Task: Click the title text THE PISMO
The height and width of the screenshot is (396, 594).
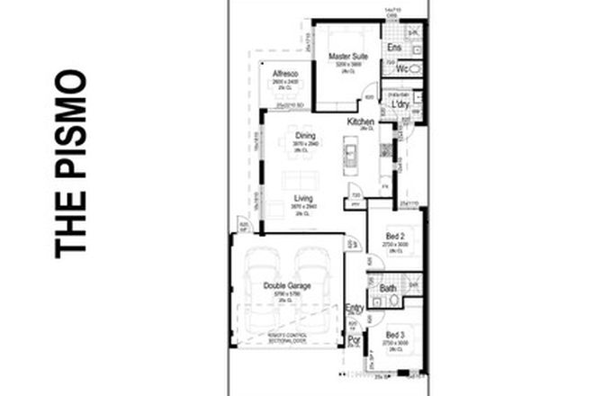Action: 70,165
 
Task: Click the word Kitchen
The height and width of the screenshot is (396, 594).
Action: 360,121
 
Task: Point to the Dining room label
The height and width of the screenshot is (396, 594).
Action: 304,137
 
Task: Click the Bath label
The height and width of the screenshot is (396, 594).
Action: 389,289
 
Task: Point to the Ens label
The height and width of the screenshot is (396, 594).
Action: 393,47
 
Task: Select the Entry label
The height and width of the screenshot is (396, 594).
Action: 355,308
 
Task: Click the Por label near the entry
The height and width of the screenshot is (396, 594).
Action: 355,341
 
